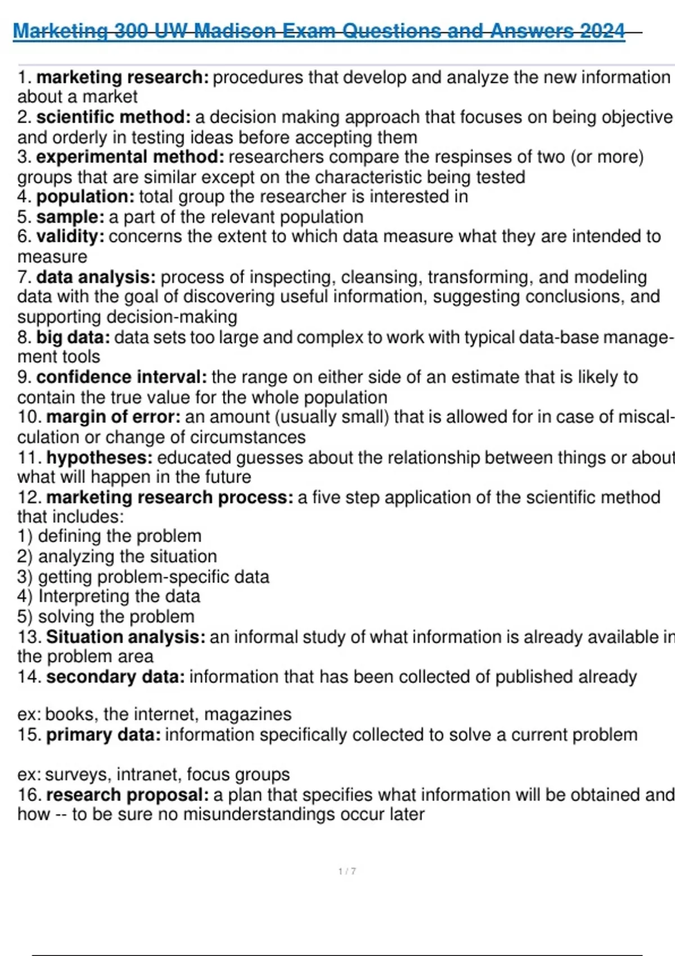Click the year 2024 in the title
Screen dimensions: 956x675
tap(602, 31)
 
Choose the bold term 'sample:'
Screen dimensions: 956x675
tap(70, 217)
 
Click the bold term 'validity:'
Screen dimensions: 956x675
tap(70, 237)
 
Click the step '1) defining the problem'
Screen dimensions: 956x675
tap(109, 536)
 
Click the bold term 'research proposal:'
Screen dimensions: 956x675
tap(127, 795)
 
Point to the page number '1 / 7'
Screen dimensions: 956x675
tap(347, 871)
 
